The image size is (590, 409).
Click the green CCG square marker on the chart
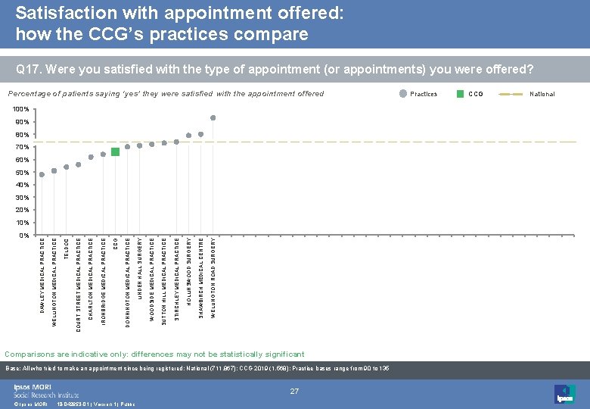tap(115, 151)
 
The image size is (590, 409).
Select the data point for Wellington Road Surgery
tap(213, 117)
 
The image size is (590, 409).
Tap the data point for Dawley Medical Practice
tap(42, 174)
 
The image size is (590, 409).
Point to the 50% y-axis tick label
tap(22, 173)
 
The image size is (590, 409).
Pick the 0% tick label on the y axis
tap(23, 235)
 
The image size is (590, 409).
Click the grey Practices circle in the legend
tap(402, 94)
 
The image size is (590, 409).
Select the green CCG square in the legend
tap(461, 94)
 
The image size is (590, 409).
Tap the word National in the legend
tap(542, 94)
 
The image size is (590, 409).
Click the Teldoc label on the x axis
tap(67, 248)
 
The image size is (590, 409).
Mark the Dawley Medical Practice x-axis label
tap(42, 274)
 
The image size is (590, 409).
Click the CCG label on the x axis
tap(115, 244)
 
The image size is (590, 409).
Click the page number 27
tap(295, 391)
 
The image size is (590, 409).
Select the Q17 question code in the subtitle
tap(28, 70)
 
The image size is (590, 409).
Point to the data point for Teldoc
tap(67, 167)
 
